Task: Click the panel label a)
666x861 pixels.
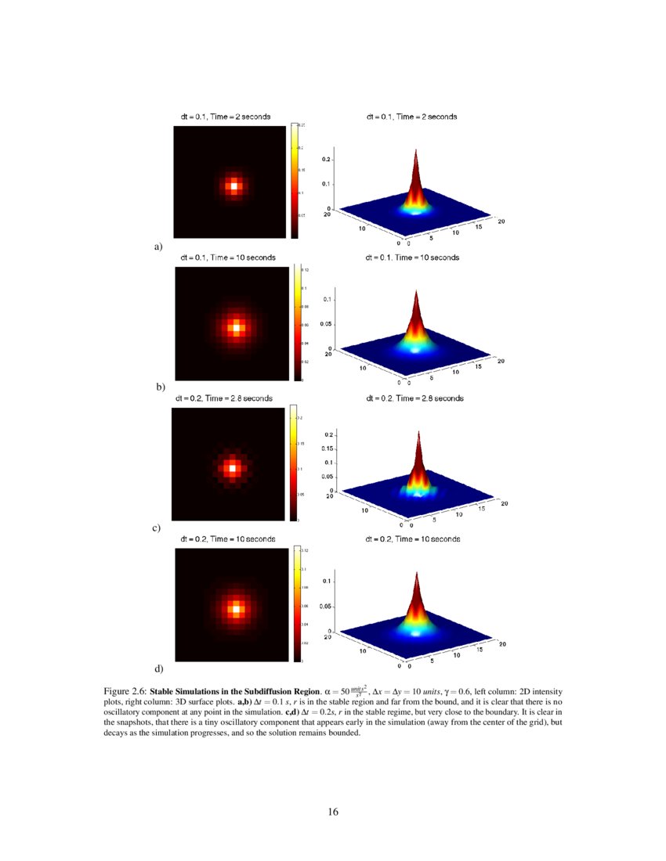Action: [x=158, y=247]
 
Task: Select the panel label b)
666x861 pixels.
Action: [x=161, y=387]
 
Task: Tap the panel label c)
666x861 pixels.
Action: [x=157, y=528]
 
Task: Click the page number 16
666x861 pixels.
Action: [x=333, y=812]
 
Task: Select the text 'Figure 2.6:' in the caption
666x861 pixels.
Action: [x=125, y=692]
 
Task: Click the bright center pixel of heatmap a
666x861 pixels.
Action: [x=233, y=186]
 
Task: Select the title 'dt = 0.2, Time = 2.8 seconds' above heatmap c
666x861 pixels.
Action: [x=224, y=398]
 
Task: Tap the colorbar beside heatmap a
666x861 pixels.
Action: [x=295, y=180]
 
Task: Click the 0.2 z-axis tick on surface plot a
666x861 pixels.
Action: [x=328, y=160]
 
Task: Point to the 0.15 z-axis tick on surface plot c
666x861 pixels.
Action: [x=329, y=449]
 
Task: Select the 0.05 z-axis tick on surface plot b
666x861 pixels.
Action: [x=328, y=324]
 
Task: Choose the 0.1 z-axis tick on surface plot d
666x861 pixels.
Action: [x=330, y=581]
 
